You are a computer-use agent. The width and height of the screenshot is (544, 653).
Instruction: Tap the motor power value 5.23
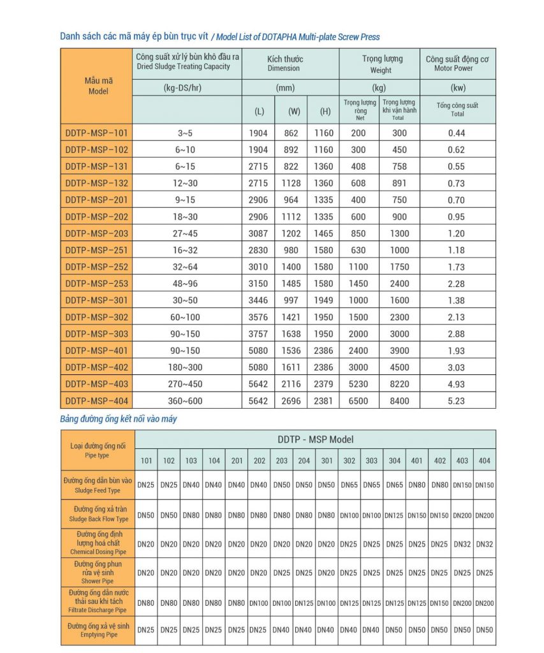[457, 400]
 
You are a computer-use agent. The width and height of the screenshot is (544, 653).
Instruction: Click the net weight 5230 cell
[358, 384]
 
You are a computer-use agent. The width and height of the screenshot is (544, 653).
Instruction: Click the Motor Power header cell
[457, 63]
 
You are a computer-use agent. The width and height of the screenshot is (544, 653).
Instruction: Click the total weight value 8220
[398, 384]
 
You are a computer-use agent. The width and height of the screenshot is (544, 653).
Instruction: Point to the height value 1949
[323, 300]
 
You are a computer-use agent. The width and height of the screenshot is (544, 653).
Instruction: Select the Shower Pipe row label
[98, 572]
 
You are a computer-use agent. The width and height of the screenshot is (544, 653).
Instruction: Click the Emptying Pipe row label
[98, 629]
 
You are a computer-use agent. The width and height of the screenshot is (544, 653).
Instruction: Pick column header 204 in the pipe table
[304, 460]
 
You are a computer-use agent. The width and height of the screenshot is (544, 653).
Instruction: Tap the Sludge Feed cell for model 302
[349, 485]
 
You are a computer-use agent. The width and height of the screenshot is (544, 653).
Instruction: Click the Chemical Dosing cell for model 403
[462, 544]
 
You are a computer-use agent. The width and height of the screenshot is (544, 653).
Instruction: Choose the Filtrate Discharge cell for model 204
[304, 603]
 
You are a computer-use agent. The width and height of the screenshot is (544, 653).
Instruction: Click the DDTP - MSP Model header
[315, 439]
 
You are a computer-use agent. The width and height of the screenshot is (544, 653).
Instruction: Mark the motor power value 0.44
[457, 133]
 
